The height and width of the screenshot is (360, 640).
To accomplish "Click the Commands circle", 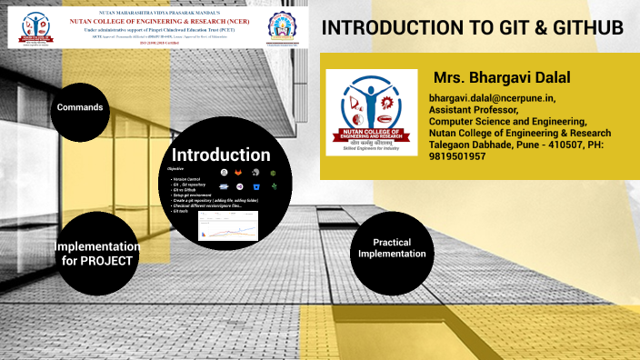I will [x=80, y=108].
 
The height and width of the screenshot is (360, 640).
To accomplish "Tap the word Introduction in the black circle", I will [x=221, y=155].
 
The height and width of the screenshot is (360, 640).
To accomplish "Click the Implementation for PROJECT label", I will [x=96, y=254].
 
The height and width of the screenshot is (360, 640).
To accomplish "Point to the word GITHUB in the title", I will [x=582, y=27].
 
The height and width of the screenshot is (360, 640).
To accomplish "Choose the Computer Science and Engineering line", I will [x=508, y=121].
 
